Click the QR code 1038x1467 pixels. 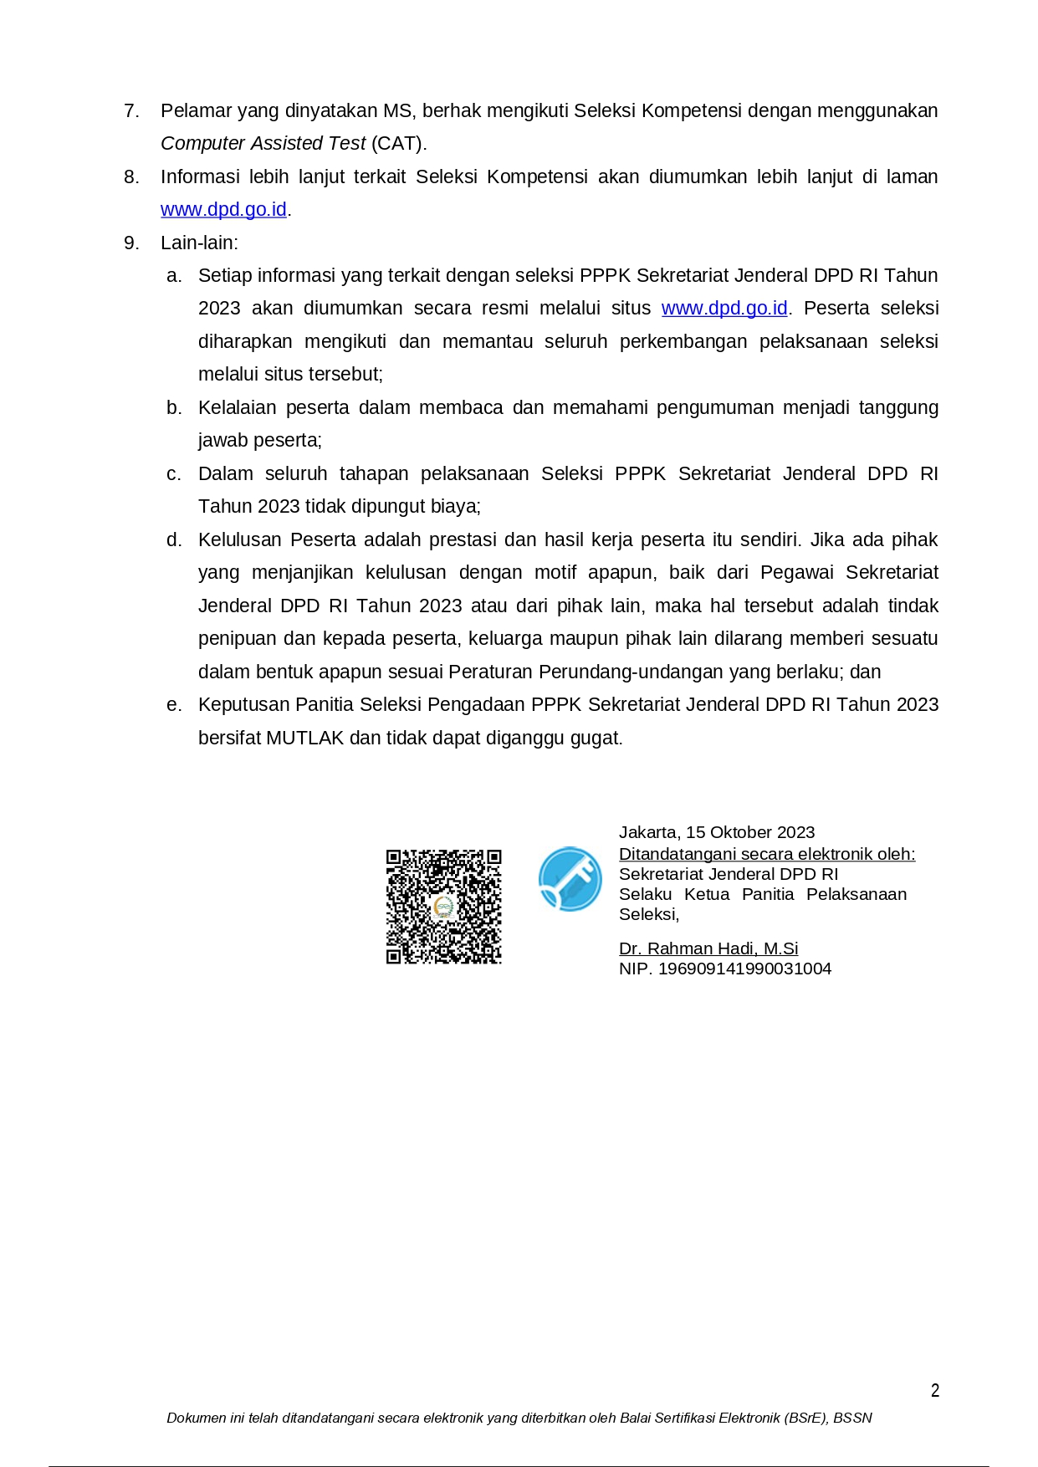[x=443, y=907]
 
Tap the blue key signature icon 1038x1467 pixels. [x=570, y=878]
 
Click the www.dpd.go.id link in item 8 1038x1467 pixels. [x=223, y=209]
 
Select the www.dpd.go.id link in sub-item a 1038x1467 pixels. [x=724, y=309]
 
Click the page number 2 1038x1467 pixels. [x=935, y=1390]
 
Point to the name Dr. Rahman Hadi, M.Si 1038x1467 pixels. [x=708, y=948]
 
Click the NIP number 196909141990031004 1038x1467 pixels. [x=744, y=969]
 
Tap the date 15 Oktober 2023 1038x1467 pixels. [x=750, y=832]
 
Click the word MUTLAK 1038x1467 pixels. [x=304, y=738]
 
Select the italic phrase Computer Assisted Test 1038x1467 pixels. [x=263, y=143]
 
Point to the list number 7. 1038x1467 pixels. [x=131, y=110]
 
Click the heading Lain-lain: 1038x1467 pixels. [x=199, y=243]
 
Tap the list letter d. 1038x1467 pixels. [x=174, y=539]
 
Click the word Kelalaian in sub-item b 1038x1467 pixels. [x=236, y=407]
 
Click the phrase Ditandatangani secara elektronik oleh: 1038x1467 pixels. [x=766, y=854]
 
